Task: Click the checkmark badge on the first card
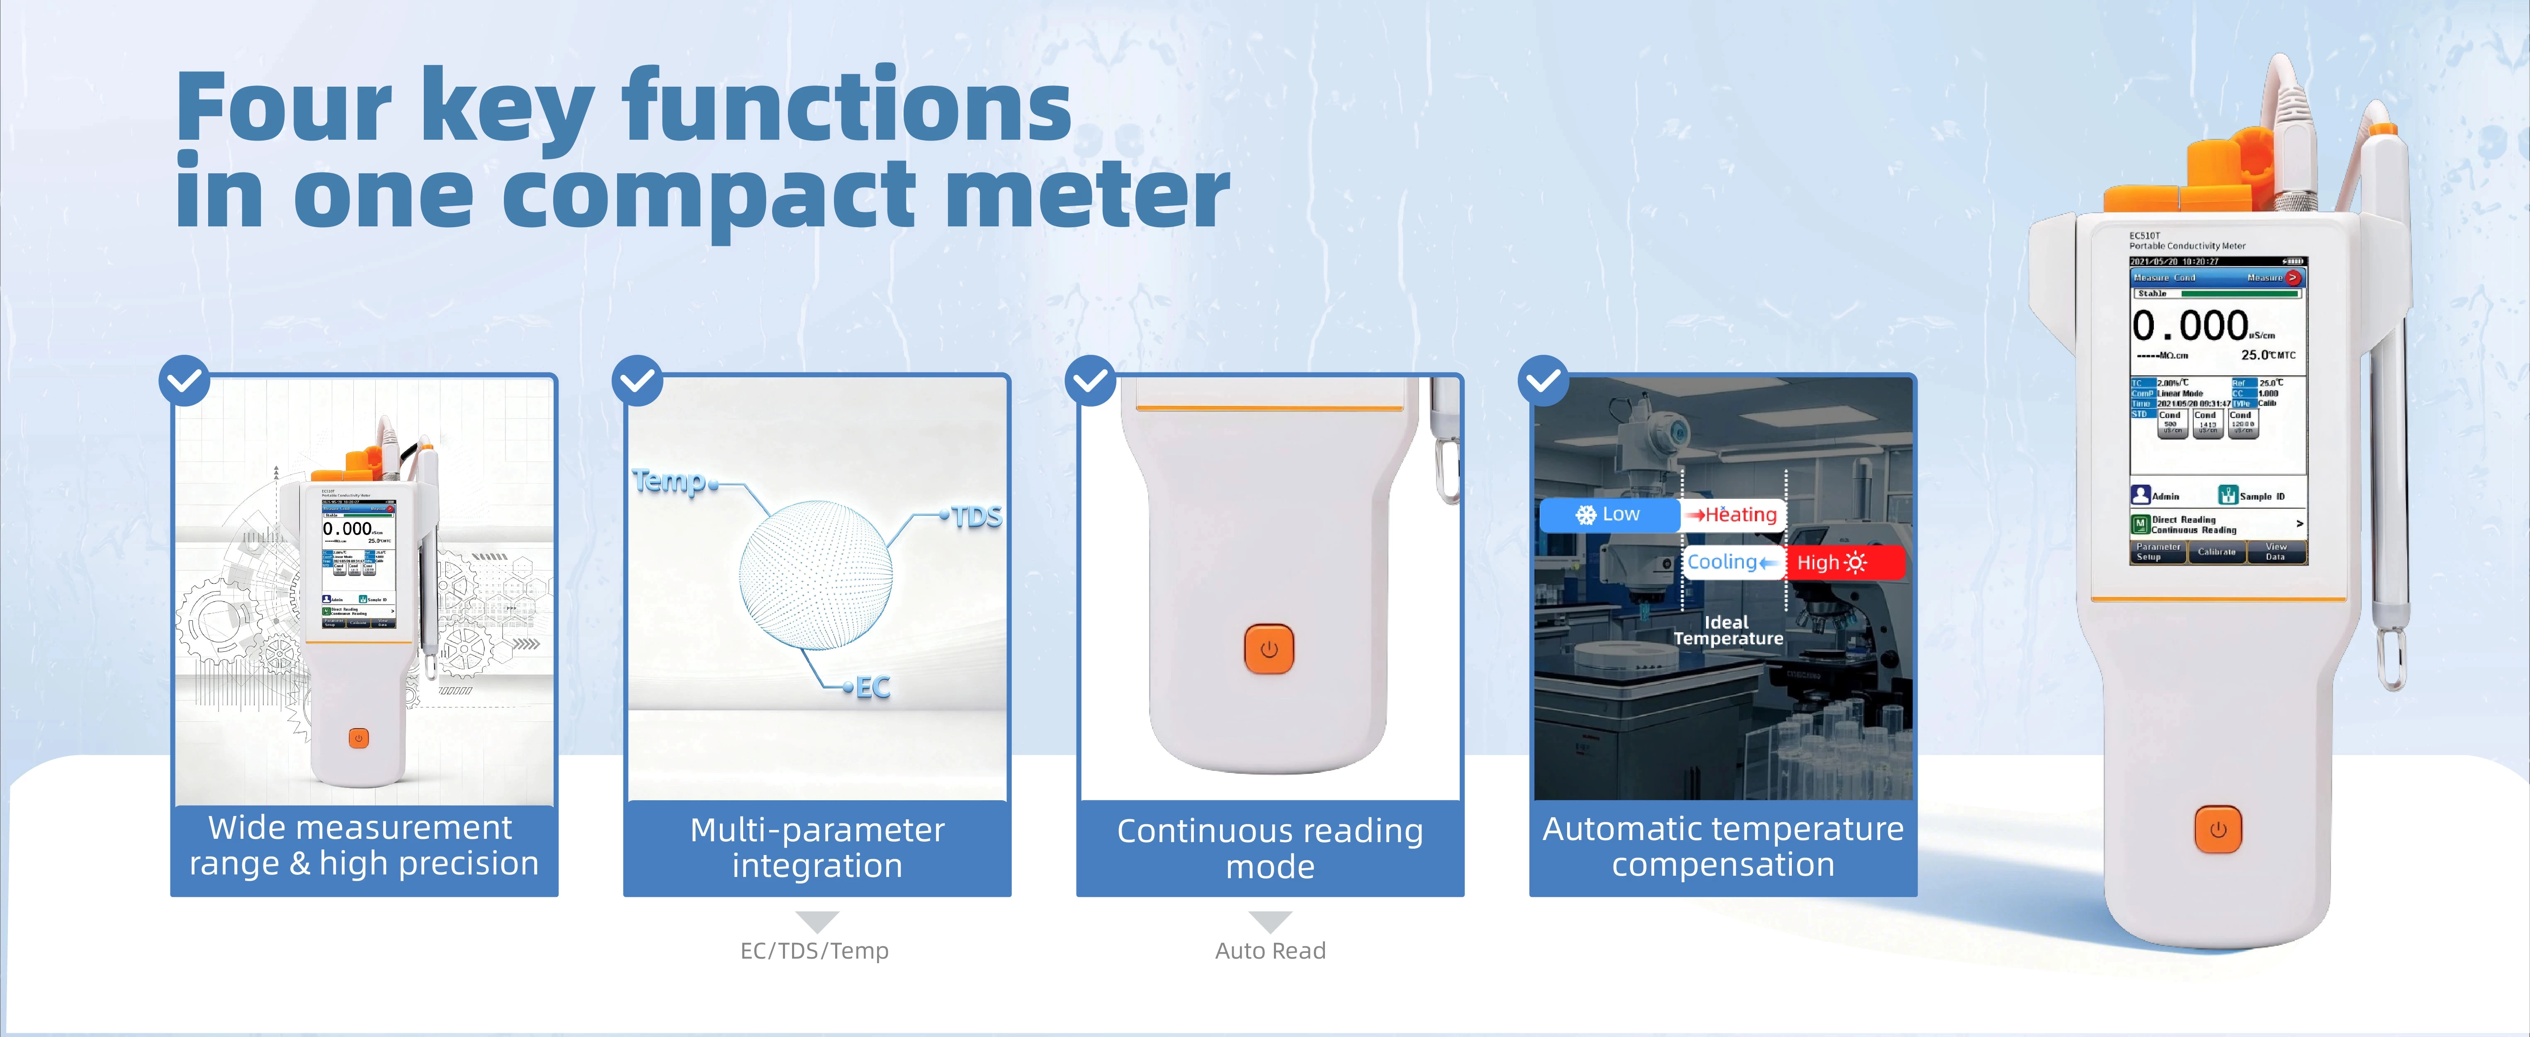(x=185, y=380)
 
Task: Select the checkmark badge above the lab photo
(x=1543, y=380)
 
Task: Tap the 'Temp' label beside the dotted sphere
(x=670, y=481)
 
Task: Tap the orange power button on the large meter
(x=2218, y=830)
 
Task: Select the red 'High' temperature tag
(x=1843, y=563)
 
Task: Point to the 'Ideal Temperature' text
(x=1728, y=630)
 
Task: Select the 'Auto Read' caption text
(x=1270, y=951)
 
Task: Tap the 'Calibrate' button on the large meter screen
(x=2216, y=552)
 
